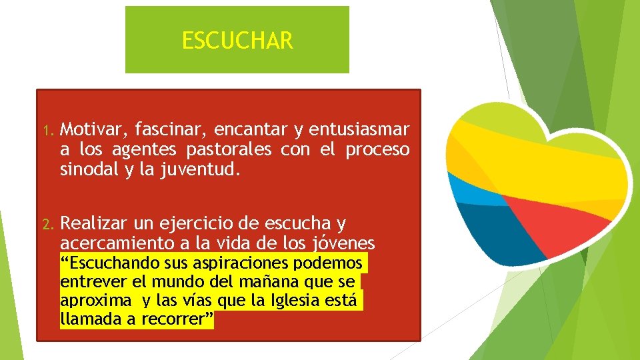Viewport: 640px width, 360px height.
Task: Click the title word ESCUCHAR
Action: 237,41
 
